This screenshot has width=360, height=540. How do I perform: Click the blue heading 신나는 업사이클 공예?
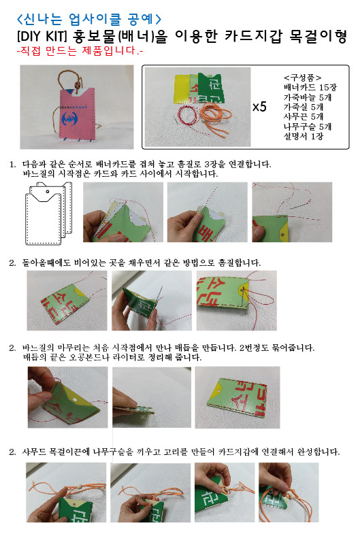click(89, 19)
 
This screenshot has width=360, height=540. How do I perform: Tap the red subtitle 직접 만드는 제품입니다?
click(80, 50)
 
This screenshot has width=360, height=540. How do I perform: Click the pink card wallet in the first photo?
click(76, 114)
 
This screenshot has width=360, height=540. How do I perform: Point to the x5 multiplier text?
click(259, 107)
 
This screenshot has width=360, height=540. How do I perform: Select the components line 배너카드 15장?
click(310, 88)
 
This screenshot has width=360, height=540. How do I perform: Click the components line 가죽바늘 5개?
click(308, 97)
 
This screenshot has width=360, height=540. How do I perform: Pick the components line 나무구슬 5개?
click(308, 126)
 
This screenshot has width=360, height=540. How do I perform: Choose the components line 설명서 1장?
click(303, 137)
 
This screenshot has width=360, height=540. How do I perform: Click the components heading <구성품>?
click(302, 78)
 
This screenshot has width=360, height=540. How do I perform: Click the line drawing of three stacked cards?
click(49, 213)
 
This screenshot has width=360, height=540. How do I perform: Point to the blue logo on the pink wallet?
click(70, 119)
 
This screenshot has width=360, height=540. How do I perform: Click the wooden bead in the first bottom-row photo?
click(79, 486)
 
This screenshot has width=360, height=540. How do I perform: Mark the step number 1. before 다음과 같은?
click(12, 165)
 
